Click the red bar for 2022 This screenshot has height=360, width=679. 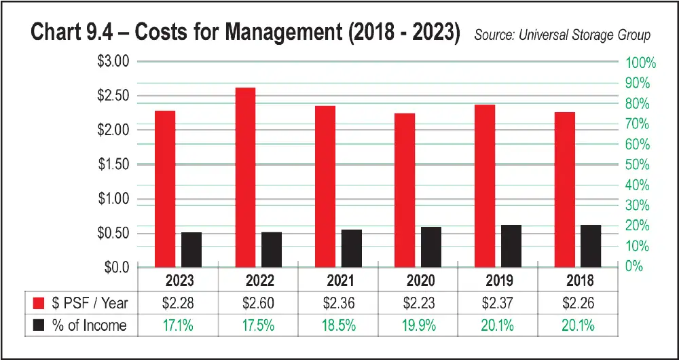(x=246, y=177)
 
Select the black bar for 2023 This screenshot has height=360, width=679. (x=191, y=249)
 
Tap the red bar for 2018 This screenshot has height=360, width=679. (x=564, y=189)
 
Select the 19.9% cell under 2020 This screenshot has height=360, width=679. (x=419, y=325)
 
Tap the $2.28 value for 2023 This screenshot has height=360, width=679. (x=179, y=302)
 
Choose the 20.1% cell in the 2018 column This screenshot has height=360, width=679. (x=579, y=325)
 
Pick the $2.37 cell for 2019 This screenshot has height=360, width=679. (x=499, y=302)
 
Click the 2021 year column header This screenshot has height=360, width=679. (x=339, y=281)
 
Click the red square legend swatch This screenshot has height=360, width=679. (x=38, y=302)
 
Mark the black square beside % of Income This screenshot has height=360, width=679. (x=38, y=325)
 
